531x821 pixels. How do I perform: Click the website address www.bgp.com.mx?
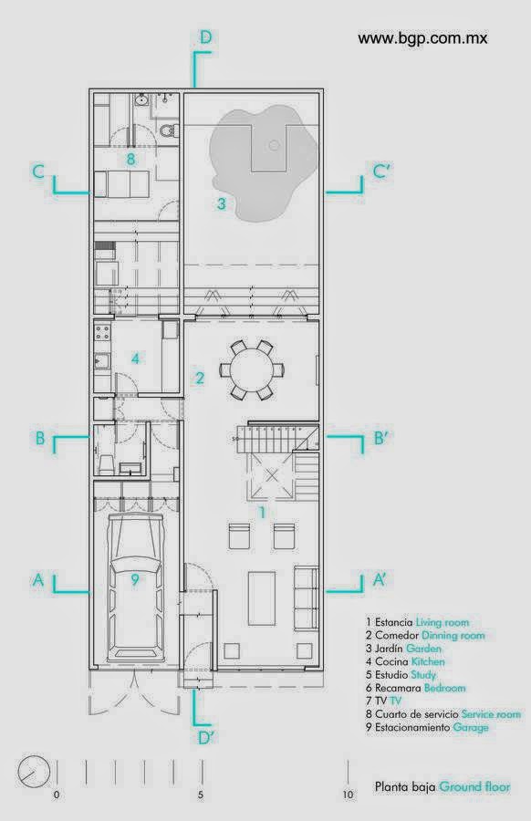point(422,38)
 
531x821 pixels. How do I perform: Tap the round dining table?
point(252,369)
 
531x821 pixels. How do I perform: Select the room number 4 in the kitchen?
point(136,359)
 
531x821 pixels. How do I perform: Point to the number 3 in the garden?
point(222,203)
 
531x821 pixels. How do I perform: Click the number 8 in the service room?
point(130,159)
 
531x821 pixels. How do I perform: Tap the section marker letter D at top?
point(205,37)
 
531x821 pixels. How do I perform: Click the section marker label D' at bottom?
point(207,738)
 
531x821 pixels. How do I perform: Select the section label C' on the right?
point(382,171)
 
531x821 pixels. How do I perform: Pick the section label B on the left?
point(40,438)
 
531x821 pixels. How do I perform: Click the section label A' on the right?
point(380,579)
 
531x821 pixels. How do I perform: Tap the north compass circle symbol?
point(34,772)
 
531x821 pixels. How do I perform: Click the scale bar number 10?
point(349,795)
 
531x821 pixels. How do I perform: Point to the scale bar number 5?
point(201,795)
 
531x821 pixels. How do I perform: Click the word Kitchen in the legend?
point(428,662)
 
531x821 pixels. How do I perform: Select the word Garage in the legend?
point(471,727)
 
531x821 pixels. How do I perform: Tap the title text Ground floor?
point(474,786)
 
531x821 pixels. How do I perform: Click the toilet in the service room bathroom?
point(169,130)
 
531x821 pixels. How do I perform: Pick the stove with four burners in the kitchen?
point(102,332)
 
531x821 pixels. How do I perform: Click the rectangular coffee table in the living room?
point(262,598)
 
